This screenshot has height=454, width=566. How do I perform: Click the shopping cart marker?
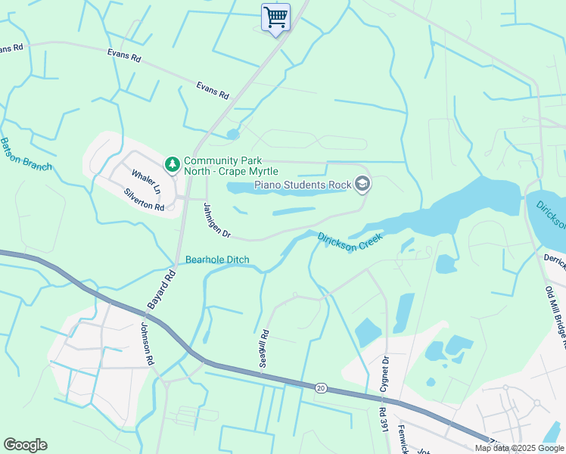click(x=275, y=17)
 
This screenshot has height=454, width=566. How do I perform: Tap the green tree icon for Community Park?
click(x=173, y=163)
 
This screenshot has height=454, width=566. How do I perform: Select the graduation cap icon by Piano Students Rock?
click(x=362, y=183)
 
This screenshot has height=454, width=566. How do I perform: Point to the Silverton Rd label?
click(x=144, y=200)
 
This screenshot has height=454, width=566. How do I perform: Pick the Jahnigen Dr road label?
click(x=216, y=220)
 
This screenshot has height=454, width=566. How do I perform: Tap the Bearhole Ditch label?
click(x=217, y=261)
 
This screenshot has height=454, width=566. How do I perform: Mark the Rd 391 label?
click(x=382, y=424)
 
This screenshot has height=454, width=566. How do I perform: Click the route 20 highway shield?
click(x=321, y=387)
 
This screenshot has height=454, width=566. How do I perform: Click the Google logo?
click(x=25, y=445)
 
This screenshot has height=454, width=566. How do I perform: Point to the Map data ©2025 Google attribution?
click(x=519, y=449)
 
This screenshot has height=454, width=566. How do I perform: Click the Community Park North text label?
click(x=232, y=166)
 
